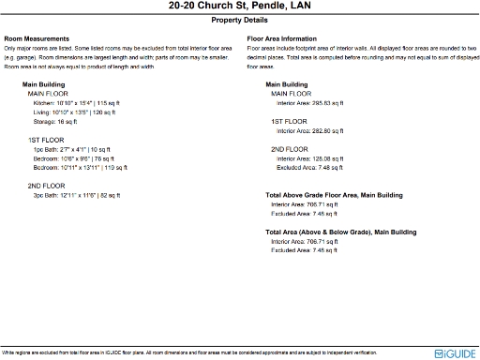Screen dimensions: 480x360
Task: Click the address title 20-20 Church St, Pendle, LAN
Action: click(239, 7)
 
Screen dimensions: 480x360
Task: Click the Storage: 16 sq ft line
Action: click(55, 122)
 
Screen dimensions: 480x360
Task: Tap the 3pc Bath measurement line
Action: click(77, 195)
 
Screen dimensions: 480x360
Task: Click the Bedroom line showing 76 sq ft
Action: click(80, 158)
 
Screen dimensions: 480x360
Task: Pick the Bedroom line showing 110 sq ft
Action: click(82, 168)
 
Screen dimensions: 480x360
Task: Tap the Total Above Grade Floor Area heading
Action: click(334, 195)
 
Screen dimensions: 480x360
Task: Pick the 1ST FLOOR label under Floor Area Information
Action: click(290, 122)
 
